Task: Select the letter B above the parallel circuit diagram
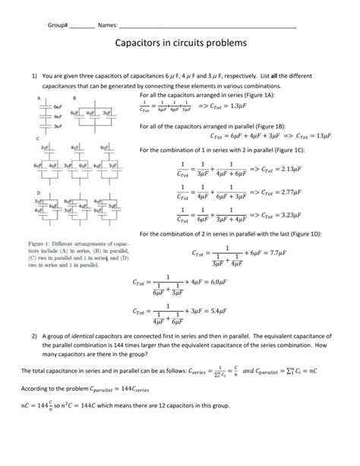pyautogui.click(x=74, y=98)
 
